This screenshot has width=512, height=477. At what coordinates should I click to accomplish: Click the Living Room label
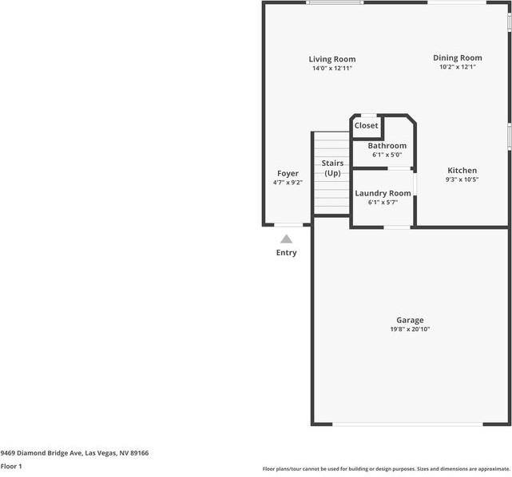pyautogui.click(x=332, y=59)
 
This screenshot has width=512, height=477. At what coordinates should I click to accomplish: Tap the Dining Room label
pyautogui.click(x=458, y=57)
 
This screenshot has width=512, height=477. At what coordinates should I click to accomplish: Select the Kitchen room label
pyautogui.click(x=462, y=171)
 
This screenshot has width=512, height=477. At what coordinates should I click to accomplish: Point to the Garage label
pyautogui.click(x=411, y=320)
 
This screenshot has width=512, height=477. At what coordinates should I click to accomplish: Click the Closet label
pyautogui.click(x=367, y=125)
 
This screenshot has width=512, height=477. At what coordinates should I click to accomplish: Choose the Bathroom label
pyautogui.click(x=387, y=146)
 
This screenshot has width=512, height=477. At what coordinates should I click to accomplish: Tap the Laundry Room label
pyautogui.click(x=383, y=193)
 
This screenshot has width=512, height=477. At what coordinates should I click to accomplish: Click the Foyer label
pyautogui.click(x=288, y=173)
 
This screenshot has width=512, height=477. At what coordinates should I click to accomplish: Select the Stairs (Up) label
pyautogui.click(x=332, y=168)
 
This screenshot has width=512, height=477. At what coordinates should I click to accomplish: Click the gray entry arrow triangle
pyautogui.click(x=286, y=238)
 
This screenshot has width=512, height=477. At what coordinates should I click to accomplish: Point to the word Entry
pyautogui.click(x=286, y=253)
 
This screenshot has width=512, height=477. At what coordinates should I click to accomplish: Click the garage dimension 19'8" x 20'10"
pyautogui.click(x=411, y=329)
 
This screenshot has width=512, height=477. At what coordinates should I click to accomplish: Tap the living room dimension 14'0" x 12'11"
pyautogui.click(x=332, y=69)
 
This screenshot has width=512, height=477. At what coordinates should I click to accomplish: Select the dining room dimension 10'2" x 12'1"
pyautogui.click(x=458, y=67)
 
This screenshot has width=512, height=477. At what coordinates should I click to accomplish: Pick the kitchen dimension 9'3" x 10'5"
pyautogui.click(x=462, y=179)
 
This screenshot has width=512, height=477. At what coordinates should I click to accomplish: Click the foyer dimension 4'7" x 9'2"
pyautogui.click(x=288, y=183)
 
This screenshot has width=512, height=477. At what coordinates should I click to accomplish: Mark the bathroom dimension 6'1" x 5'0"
pyautogui.click(x=387, y=155)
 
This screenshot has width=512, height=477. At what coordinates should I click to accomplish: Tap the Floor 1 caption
pyautogui.click(x=11, y=466)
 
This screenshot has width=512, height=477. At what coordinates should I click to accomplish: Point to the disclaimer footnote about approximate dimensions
pyautogui.click(x=386, y=469)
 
